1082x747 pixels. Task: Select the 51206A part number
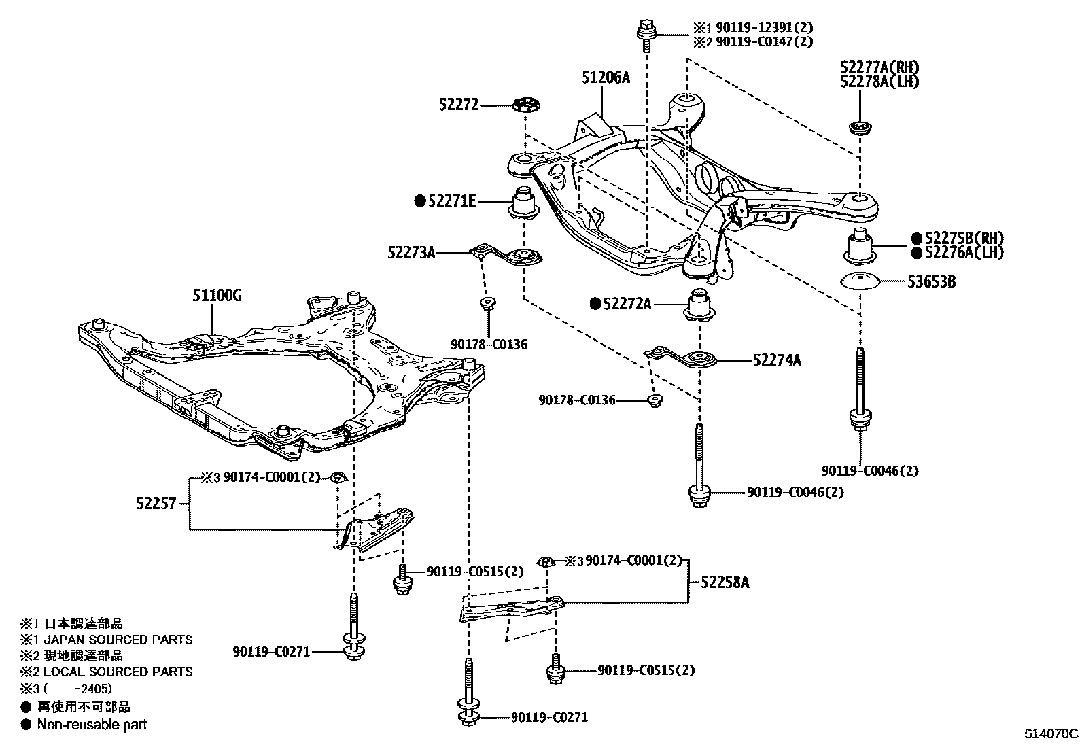[x=605, y=77]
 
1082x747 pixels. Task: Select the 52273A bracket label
[x=411, y=252]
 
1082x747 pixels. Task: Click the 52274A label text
[x=776, y=360]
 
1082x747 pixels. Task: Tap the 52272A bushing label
[x=627, y=304]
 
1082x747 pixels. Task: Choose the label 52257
[x=156, y=504]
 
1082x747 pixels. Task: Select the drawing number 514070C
[x=1051, y=734]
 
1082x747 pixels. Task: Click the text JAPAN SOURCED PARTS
[x=118, y=640]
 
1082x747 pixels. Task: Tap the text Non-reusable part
[x=92, y=724]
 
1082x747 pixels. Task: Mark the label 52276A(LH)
[x=964, y=252]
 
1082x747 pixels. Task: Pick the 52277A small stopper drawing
[x=860, y=127]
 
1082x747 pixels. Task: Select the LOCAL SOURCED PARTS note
[x=118, y=672]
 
